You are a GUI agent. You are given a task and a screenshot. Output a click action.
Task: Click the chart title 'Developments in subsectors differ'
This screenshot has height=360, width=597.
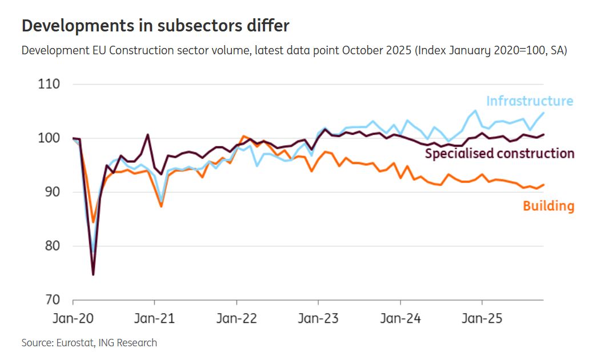[x=155, y=26]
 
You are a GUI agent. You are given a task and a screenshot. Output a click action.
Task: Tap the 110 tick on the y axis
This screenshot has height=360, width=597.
[x=50, y=84]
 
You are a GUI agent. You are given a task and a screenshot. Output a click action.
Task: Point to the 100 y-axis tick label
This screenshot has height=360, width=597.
[x=50, y=138]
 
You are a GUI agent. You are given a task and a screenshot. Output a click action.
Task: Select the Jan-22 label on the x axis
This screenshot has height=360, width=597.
[x=237, y=318]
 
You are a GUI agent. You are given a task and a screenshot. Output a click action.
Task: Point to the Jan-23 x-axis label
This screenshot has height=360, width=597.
[x=318, y=318]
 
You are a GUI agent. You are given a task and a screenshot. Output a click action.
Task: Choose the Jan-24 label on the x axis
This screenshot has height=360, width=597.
[x=400, y=318]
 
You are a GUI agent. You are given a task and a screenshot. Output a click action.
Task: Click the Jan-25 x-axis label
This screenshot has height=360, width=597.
[x=482, y=318]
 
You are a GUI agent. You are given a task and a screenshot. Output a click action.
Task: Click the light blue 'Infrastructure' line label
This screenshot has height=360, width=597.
[x=529, y=101]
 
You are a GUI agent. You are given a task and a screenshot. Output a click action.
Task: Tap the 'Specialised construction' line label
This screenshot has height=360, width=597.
[x=499, y=153]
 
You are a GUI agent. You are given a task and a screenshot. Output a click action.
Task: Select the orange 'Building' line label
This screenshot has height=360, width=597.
[x=548, y=206]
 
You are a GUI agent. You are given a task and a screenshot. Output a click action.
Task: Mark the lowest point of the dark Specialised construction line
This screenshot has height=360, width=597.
[x=93, y=274]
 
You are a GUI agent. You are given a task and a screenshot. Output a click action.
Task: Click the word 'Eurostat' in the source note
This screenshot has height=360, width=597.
[x=75, y=343]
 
